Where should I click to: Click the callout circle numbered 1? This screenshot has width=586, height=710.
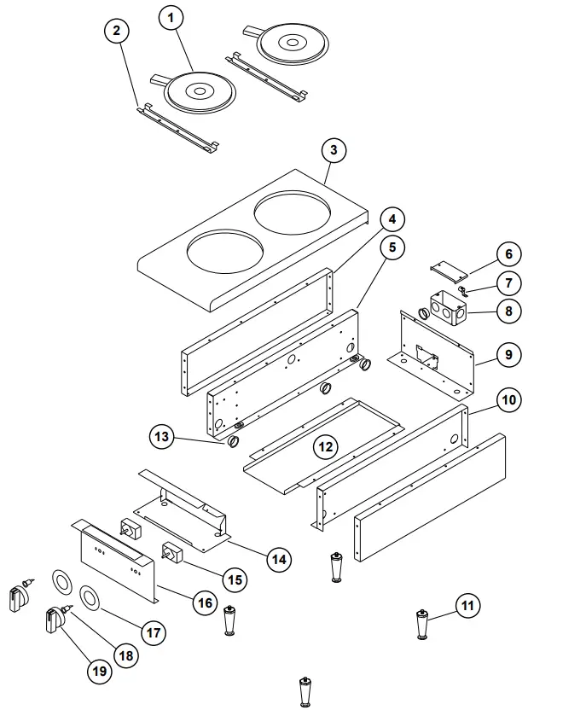point(172,18)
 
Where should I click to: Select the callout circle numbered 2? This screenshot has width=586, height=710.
point(117,31)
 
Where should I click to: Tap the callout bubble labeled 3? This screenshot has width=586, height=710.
point(334,150)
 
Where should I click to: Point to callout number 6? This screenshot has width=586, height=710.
point(508,254)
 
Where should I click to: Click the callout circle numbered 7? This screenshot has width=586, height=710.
point(508,282)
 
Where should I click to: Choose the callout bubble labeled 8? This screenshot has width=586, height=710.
point(508,311)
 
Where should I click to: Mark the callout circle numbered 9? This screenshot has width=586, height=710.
point(508,353)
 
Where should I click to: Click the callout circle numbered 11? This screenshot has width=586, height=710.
point(466,607)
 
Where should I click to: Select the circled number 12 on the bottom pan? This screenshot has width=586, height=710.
point(324,446)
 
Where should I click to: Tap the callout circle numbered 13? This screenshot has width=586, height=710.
point(163,438)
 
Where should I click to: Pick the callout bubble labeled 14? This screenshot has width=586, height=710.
point(277,560)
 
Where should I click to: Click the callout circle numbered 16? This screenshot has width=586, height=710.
point(205,603)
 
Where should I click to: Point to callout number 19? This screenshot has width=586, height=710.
point(99,671)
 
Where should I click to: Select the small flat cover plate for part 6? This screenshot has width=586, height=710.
point(449,269)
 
